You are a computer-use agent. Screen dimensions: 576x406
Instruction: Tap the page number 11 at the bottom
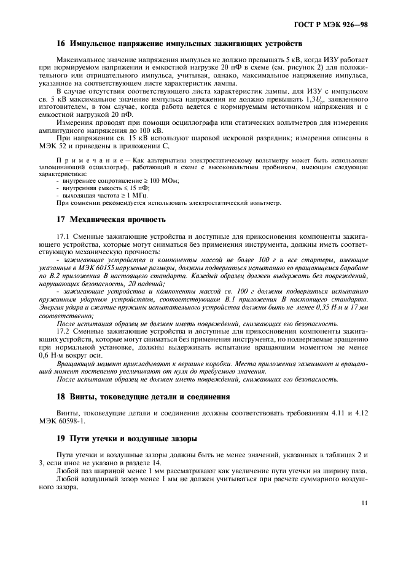pos(365,503)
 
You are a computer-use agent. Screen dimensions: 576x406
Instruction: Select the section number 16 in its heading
pos(60,45)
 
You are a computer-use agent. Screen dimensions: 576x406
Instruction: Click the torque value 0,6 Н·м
pos(68,355)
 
